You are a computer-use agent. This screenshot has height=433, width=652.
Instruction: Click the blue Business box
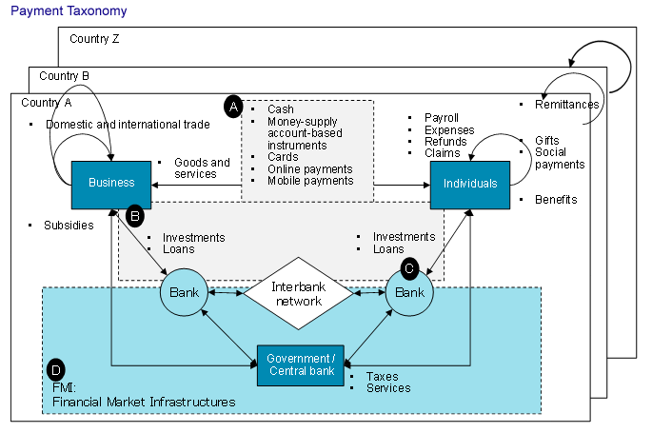pos(111,183)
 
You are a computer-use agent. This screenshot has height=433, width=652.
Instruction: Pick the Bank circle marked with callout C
pos(409,292)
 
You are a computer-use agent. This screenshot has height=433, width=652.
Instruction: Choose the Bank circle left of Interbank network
pos(184,292)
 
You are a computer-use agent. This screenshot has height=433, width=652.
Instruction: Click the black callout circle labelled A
pos(232,107)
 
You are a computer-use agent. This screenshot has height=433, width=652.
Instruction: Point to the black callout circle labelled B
pos(135,216)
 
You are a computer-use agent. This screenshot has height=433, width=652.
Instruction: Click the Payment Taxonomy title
pos(69,10)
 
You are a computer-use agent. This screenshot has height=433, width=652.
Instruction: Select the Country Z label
pos(95,39)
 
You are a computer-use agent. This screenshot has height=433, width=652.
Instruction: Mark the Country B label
pos(65,75)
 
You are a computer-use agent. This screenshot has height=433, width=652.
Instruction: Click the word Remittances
pos(568,105)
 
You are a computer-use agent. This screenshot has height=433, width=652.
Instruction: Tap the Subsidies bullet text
pos(69,226)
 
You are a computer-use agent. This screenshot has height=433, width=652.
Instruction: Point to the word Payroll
pos(441,118)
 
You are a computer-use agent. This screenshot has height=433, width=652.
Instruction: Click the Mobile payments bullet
pos(310,181)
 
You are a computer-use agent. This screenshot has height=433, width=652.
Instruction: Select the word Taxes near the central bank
pos(382,376)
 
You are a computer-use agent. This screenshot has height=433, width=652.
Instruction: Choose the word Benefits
pos(556,200)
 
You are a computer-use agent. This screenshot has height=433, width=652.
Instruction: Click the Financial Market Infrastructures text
pos(144,403)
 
